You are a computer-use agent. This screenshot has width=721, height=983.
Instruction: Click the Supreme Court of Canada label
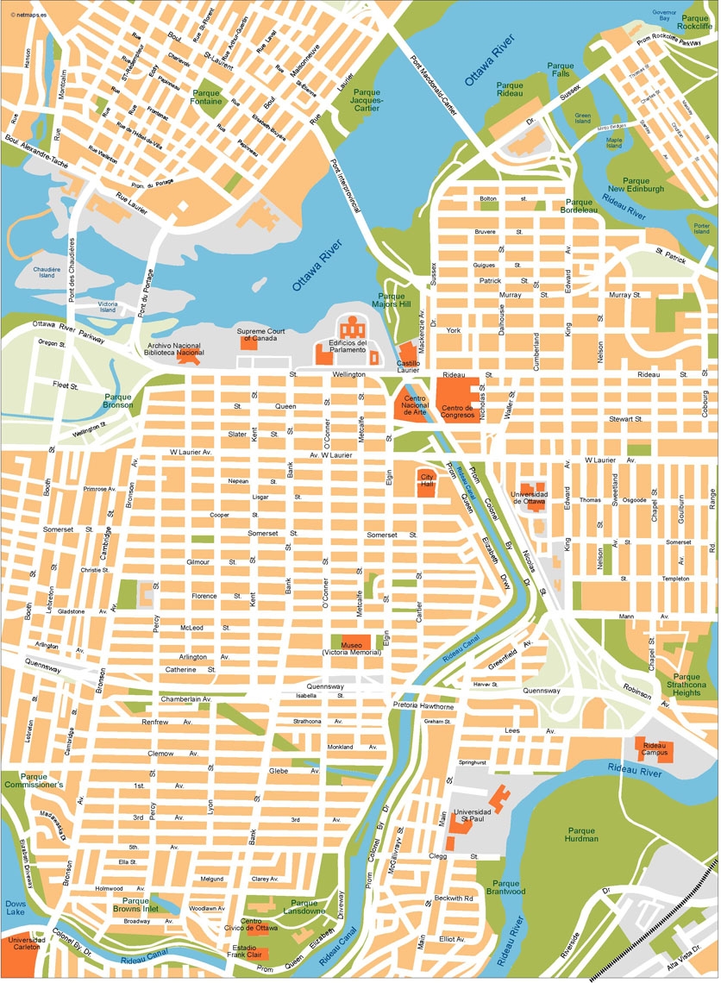coord(262,334)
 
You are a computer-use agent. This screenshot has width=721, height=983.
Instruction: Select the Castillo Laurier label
coord(409,366)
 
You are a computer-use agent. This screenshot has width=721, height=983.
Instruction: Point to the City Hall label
coord(427,479)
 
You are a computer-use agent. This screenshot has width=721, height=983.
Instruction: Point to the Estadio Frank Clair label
coord(248,950)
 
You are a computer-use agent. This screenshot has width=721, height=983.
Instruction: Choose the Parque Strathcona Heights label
coord(687,685)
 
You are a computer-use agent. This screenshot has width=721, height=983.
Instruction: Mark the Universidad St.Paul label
coord(472,815)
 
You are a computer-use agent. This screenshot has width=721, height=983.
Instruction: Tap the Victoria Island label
coord(108,306)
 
